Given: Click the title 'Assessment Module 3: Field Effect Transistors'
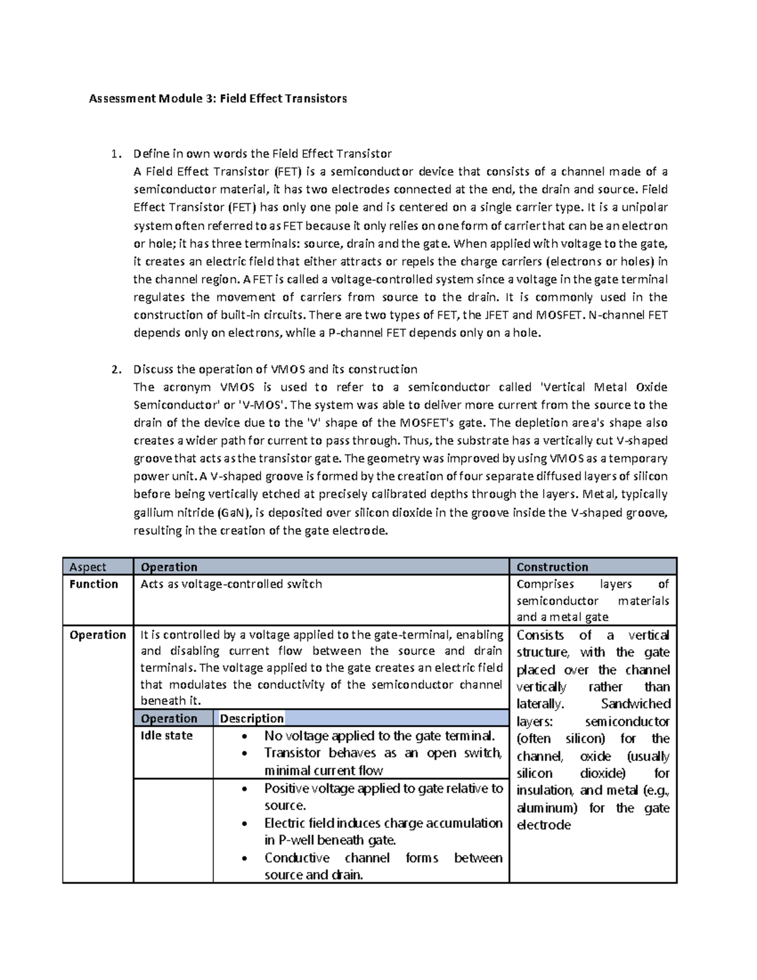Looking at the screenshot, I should coord(218,99).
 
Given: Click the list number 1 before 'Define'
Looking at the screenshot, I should coord(114,154).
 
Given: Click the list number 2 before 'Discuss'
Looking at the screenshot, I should coord(114,370).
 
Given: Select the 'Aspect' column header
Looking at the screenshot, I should coord(88,567).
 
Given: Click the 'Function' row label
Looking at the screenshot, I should coord(94,584).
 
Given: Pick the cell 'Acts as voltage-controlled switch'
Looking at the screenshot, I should coord(231,584).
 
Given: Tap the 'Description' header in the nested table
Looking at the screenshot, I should coord(252,719).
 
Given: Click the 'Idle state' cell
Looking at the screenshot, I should coord(167,736).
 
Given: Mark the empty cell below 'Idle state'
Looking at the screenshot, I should coord(173,830).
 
